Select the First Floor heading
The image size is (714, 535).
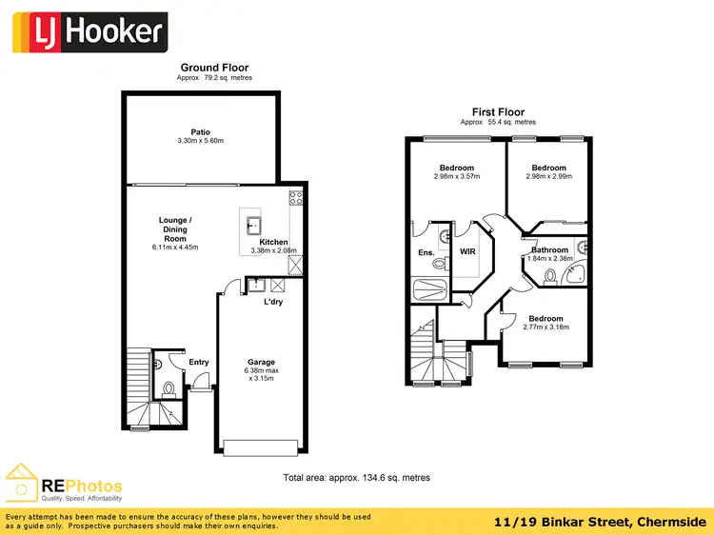point(497,112)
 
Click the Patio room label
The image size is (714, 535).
point(200,132)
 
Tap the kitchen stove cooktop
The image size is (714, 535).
point(296,199)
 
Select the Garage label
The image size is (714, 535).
point(262,362)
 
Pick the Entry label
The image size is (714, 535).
point(198,362)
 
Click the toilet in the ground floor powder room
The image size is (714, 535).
point(169,387)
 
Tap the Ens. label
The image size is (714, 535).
point(426,252)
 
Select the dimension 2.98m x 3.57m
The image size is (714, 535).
point(457,176)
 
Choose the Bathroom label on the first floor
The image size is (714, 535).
point(549,248)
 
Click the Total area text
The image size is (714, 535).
point(356,477)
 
